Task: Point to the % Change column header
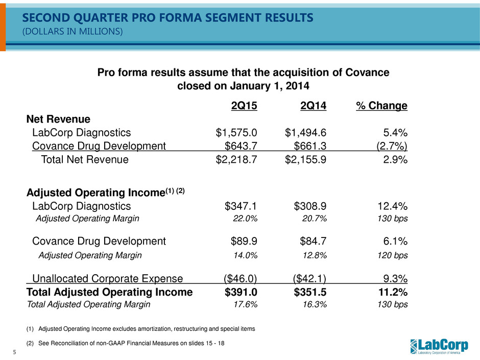coord(382,106)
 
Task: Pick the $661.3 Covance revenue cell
coord(310,146)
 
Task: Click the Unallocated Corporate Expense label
coord(107,278)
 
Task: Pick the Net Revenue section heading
coord(58,119)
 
